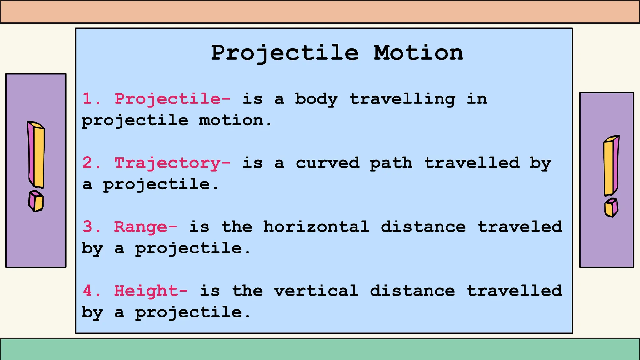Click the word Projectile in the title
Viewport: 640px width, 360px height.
pos(285,53)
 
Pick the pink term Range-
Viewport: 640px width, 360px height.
pos(146,227)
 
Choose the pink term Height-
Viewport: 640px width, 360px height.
pos(151,291)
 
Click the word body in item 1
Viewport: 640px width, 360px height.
pos(316,99)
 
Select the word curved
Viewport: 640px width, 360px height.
pos(327,163)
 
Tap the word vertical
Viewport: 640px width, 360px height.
pos(316,291)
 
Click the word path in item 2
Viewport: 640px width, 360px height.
pos(391,163)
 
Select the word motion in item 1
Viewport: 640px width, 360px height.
pos(232,121)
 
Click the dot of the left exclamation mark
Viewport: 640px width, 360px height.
pos(36,202)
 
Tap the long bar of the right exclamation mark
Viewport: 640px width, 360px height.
pos(611,166)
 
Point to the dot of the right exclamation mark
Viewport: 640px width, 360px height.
pos(611,208)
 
